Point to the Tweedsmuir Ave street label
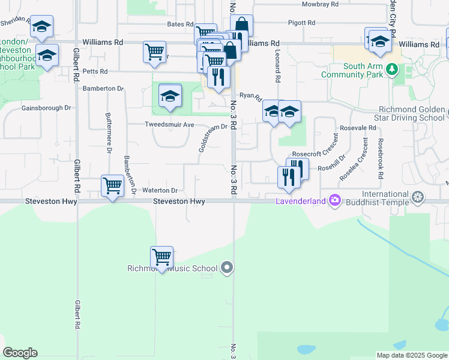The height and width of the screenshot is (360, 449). [x=169, y=125]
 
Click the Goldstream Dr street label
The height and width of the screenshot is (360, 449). [x=213, y=138]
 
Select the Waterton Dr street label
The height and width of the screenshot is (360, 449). [x=160, y=190]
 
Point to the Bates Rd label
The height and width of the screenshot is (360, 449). [x=180, y=25]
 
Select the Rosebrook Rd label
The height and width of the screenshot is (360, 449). [x=380, y=159]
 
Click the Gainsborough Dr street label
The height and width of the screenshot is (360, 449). [x=46, y=108]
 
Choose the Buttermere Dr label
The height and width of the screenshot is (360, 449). [x=109, y=133]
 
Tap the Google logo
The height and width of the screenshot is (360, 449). [x=20, y=353]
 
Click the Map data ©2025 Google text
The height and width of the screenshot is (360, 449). [x=411, y=355]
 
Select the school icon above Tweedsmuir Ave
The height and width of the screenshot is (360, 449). [x=170, y=96]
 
